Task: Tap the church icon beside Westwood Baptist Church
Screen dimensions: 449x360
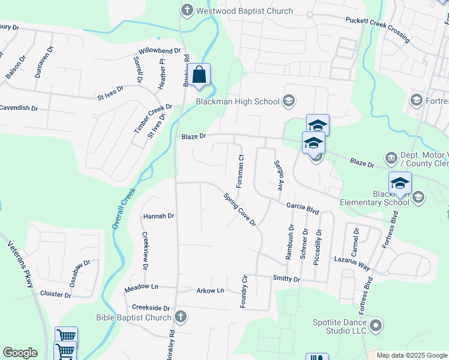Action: coord(187,10)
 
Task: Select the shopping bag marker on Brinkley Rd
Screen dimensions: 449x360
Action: coord(200,76)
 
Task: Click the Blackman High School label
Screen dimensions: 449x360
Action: coord(238,101)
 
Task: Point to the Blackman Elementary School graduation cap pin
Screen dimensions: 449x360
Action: coord(400,184)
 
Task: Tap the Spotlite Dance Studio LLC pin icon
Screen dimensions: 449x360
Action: coord(376,326)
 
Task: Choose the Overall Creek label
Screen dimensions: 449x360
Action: coord(123,208)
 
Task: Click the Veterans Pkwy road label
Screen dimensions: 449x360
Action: coord(21,264)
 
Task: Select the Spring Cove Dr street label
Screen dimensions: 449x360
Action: coord(240,209)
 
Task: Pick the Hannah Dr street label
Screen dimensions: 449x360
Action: coord(158,216)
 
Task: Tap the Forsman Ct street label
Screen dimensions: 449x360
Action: coord(240,171)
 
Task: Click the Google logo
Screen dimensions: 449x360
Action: coord(20,353)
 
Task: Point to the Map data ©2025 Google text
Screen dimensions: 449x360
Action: coord(412,355)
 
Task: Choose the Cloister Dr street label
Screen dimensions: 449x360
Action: coord(55,294)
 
